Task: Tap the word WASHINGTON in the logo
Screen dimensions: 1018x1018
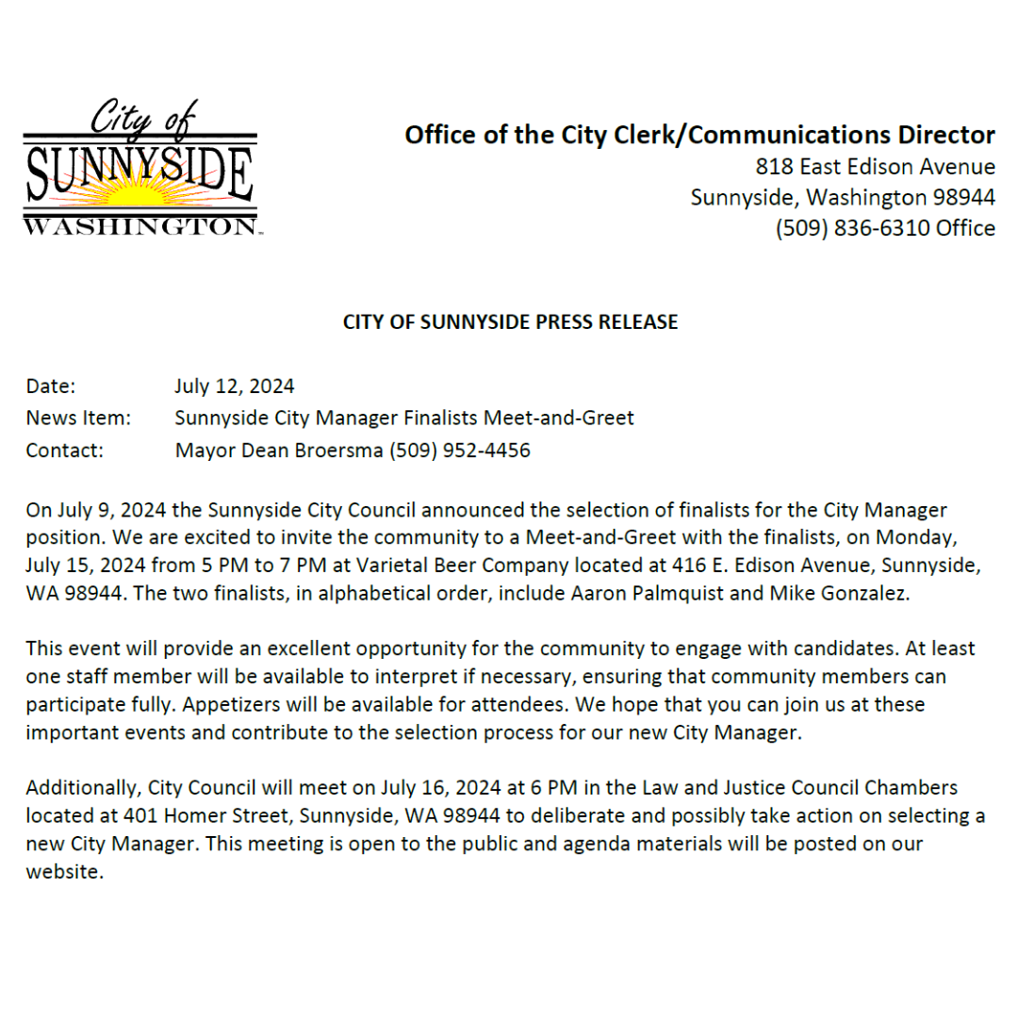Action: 140,226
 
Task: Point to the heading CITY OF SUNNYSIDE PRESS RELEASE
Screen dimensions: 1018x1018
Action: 510,322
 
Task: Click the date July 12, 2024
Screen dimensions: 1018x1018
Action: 235,386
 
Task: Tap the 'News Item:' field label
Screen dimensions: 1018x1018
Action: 78,419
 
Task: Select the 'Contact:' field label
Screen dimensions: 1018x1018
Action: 64,451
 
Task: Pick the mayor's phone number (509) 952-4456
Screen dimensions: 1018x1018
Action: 461,451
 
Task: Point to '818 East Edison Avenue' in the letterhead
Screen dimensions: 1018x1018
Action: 876,168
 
